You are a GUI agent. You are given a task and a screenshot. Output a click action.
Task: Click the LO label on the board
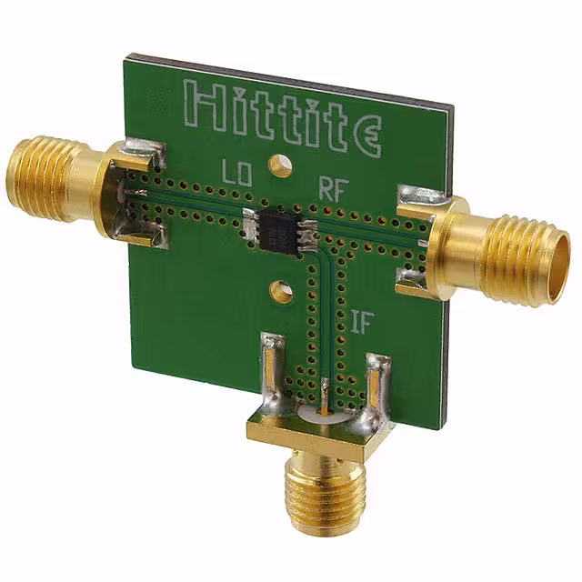coord(236,173)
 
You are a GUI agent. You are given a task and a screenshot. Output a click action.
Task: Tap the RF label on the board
coord(334,189)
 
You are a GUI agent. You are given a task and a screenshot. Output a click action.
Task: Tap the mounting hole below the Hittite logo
coord(279,166)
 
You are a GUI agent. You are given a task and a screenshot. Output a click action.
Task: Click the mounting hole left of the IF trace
coord(281,290)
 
